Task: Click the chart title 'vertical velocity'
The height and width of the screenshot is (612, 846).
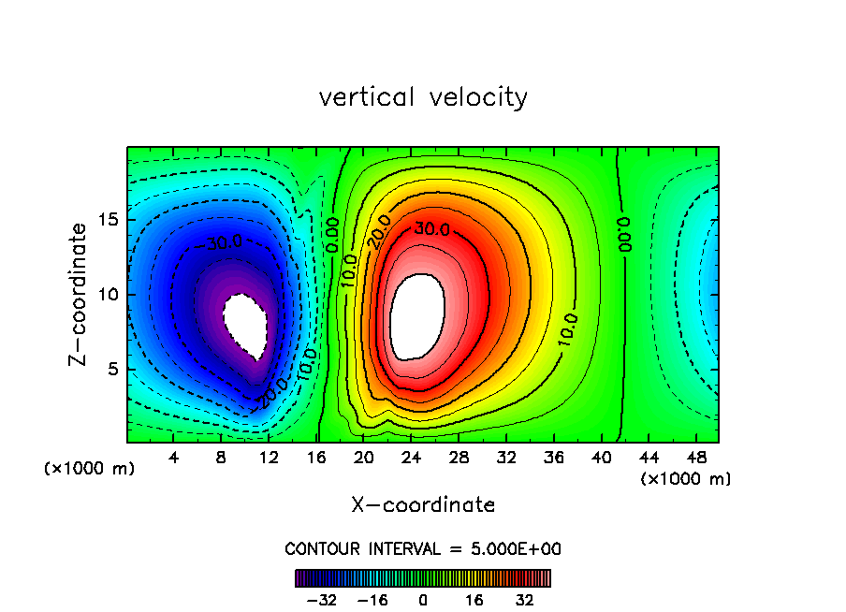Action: point(423,97)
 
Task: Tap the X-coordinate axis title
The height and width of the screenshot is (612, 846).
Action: point(423,505)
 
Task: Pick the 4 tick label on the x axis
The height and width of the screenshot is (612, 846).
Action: point(173,458)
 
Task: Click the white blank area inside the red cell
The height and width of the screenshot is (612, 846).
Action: point(417,316)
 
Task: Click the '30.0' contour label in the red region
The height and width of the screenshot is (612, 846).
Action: point(432,229)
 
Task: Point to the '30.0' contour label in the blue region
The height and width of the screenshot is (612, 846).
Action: point(224,242)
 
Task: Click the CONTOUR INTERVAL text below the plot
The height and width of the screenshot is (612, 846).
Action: point(423,548)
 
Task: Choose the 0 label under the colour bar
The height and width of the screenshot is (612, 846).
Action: point(423,600)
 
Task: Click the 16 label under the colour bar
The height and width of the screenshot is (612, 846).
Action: point(474,600)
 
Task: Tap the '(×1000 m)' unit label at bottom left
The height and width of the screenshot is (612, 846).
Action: point(90,469)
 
